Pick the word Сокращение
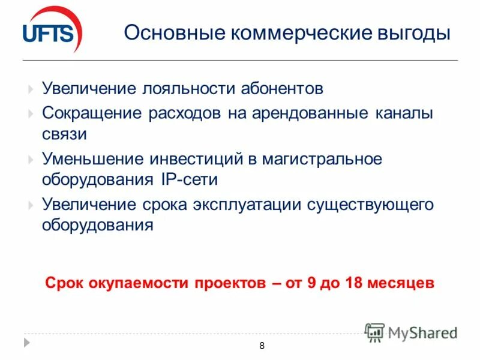(x=92, y=113)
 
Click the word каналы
(x=406, y=113)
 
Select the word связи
(x=64, y=133)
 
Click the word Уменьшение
(x=93, y=159)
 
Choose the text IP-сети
(x=187, y=179)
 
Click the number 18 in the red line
(x=353, y=283)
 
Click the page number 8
(x=262, y=345)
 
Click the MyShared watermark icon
(x=375, y=332)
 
